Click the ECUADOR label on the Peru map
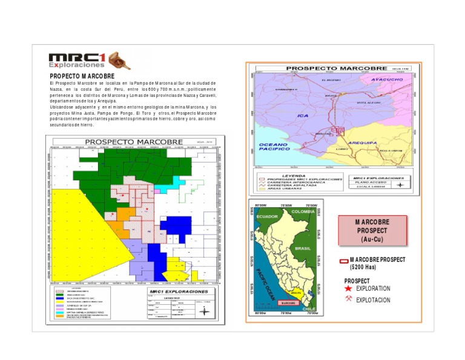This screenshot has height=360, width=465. tap(266, 216)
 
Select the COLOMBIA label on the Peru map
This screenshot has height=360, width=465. tap(303, 212)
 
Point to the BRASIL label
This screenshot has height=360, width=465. tap(302, 248)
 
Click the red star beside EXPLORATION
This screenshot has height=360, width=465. tap(348, 288)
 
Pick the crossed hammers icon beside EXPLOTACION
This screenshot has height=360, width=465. tap(348, 299)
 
